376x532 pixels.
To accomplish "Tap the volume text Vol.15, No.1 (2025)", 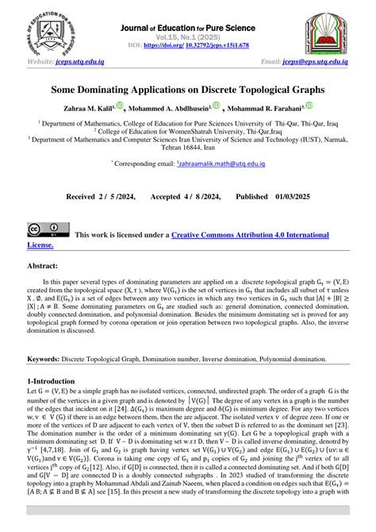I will [188, 37].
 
